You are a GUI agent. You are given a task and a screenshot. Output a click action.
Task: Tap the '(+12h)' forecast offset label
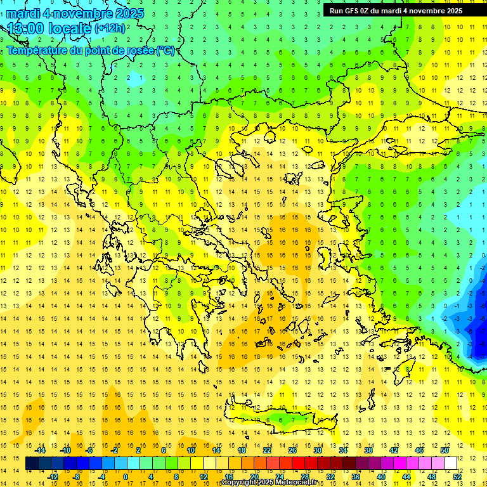(x=110, y=29)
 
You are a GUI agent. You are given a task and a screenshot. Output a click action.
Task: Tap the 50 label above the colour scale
(x=444, y=450)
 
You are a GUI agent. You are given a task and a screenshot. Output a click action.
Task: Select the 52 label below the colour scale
(x=457, y=477)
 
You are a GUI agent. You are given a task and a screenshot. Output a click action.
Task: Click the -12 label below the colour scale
(x=53, y=477)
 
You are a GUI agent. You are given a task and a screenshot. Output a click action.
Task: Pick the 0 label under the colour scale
(x=126, y=477)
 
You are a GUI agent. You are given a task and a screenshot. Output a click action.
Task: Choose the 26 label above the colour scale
(x=292, y=450)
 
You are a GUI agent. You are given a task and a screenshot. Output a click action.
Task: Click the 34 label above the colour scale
(x=343, y=450)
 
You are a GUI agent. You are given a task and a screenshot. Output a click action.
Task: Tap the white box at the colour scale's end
(x=450, y=464)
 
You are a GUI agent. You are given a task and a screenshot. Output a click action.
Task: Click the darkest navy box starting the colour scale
(x=32, y=464)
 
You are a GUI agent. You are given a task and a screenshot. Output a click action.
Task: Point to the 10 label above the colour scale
(x=191, y=450)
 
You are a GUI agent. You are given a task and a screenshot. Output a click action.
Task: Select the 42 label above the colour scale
(x=394, y=450)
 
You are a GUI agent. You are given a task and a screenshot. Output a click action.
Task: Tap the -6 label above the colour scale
(x=91, y=450)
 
